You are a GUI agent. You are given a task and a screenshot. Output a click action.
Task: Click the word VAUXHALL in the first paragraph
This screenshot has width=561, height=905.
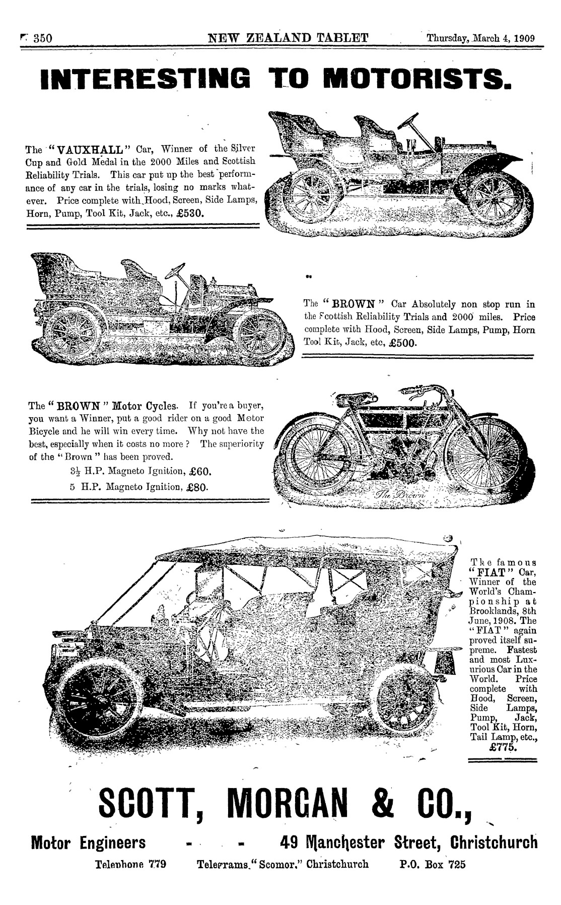click(x=89, y=150)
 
